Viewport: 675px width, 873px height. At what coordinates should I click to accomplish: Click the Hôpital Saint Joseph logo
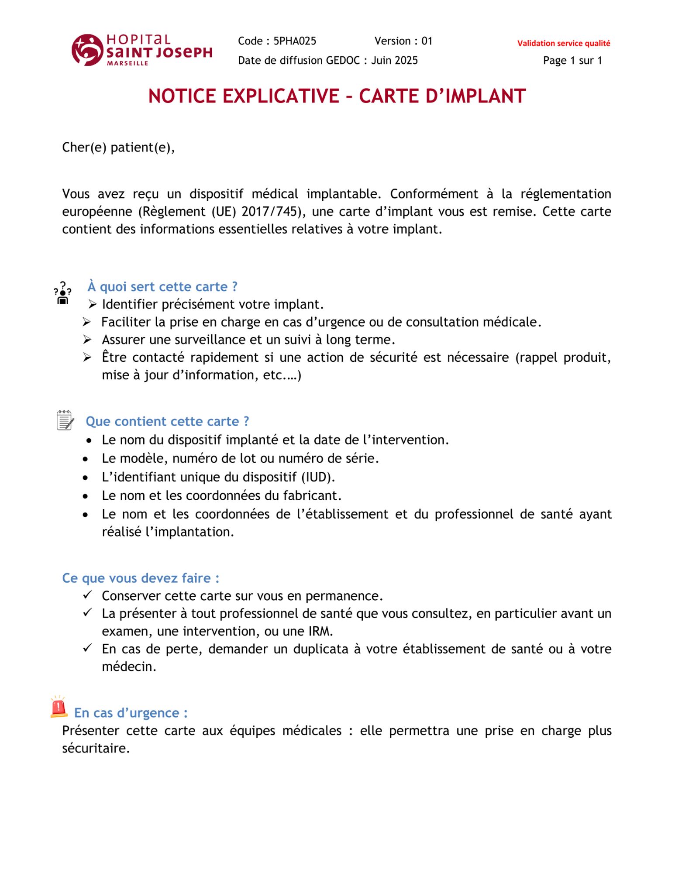coord(142,50)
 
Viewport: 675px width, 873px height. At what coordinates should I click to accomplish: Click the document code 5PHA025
coord(295,41)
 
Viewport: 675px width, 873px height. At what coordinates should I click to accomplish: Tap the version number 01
coord(427,41)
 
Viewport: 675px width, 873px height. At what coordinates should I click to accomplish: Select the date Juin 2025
coord(394,60)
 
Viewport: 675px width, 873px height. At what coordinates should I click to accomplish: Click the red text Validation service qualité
coord(563,43)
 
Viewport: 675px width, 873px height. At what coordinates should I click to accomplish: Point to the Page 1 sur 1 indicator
coord(572,60)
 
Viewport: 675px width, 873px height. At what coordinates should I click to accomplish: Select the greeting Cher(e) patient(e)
coord(118,148)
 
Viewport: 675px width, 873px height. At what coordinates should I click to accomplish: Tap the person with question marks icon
coord(63,293)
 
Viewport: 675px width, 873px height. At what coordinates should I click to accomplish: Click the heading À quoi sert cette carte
coord(162,287)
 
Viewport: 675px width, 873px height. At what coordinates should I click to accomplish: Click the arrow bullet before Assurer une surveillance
coord(87,340)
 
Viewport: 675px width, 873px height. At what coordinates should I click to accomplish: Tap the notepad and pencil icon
coord(65,420)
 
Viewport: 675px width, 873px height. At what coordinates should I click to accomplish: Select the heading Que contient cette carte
coord(167,422)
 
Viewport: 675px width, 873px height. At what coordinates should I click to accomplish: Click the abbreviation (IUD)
coord(318,477)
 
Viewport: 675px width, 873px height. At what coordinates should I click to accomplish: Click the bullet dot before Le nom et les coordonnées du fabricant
coord(85,496)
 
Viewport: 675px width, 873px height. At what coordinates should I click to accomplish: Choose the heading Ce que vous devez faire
coord(141,578)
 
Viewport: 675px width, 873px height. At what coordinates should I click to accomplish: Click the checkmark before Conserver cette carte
coord(87,595)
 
